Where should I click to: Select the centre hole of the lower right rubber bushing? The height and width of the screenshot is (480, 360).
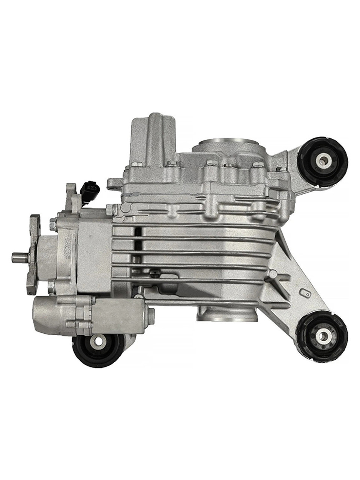pyautogui.click(x=322, y=334)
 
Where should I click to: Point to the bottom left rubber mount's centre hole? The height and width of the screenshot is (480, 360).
pyautogui.click(x=98, y=341)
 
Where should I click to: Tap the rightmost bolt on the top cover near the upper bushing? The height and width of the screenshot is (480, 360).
pyautogui.click(x=279, y=169)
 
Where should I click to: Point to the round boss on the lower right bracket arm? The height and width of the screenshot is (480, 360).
pyautogui.click(x=273, y=275)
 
